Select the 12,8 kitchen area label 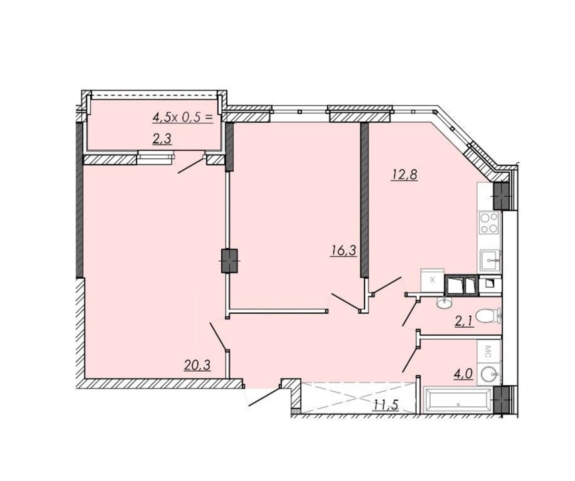pyautogui.click(x=404, y=174)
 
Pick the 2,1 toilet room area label pyautogui.click(x=463, y=322)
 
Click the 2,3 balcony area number pyautogui.click(x=162, y=139)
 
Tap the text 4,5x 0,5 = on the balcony pyautogui.click(x=182, y=117)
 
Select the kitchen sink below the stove pyautogui.click(x=489, y=260)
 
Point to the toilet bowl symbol pyautogui.click(x=488, y=316)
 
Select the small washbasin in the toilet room pyautogui.click(x=445, y=302)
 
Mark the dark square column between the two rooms pyautogui.click(x=229, y=260)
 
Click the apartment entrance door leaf pyautogui.click(x=265, y=396)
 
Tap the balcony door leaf pyautogui.click(x=190, y=165)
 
